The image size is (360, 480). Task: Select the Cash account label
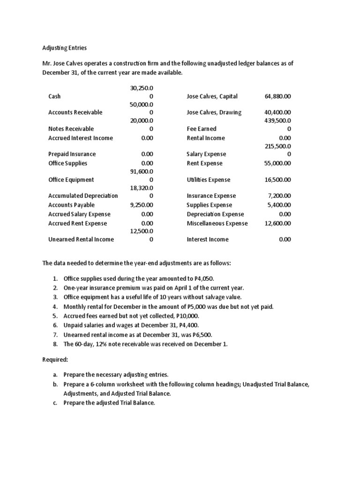(x=54, y=96)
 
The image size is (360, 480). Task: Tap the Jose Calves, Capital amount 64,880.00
(x=277, y=96)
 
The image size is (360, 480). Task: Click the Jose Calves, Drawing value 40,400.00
(x=277, y=112)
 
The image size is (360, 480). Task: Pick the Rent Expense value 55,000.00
(x=277, y=163)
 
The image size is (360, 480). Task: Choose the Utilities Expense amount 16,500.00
(x=277, y=180)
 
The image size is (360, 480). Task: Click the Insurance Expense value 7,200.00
(x=279, y=195)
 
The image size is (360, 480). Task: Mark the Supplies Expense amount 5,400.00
(x=279, y=205)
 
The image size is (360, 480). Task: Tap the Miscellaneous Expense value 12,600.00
(x=277, y=223)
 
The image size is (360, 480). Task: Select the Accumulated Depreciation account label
(x=83, y=195)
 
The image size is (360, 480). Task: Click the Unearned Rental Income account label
(x=81, y=239)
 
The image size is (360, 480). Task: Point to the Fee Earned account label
(x=202, y=128)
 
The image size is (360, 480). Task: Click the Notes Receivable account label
(x=71, y=128)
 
